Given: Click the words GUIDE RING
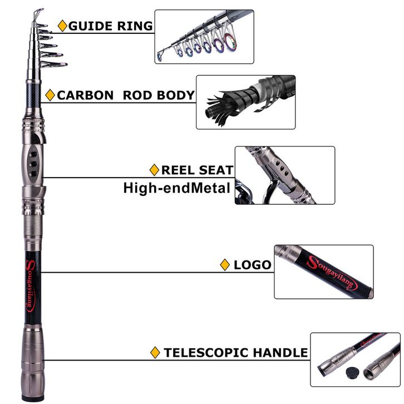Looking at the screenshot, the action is [x=111, y=26].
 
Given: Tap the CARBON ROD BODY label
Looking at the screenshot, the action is [x=126, y=95].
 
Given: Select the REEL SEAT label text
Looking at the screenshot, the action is [x=198, y=170].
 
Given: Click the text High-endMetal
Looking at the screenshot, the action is [x=176, y=188].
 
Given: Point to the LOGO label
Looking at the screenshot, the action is [x=253, y=264].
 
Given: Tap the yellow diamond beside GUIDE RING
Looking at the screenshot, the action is [x=62, y=26].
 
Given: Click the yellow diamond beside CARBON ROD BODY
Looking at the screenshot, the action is [x=50, y=95].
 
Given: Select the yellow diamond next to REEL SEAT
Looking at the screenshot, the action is [x=155, y=170].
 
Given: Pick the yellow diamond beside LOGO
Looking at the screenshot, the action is [x=225, y=265].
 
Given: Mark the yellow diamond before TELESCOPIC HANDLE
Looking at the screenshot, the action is [x=156, y=352].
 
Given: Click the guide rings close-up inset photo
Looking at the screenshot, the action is [x=204, y=36].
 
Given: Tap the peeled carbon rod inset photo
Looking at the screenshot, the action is [x=245, y=102].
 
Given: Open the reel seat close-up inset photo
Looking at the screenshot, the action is [x=284, y=175].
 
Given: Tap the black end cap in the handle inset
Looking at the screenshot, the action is [x=351, y=371].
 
